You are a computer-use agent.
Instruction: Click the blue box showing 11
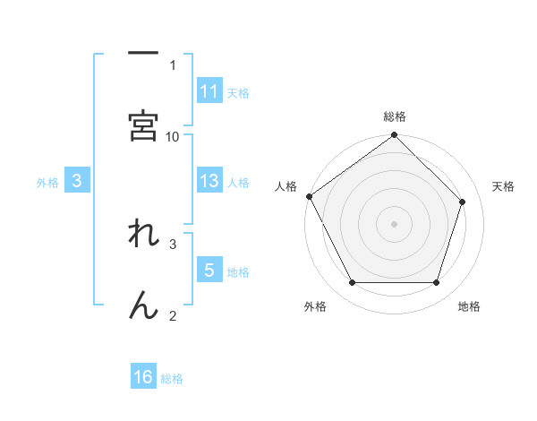pyautogui.click(x=209, y=90)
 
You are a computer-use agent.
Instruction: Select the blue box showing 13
pyautogui.click(x=209, y=181)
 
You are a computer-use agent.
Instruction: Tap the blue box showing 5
pyautogui.click(x=209, y=271)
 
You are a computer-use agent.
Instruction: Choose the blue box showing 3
pyautogui.click(x=77, y=181)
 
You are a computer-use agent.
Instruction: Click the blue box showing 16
pyautogui.click(x=143, y=377)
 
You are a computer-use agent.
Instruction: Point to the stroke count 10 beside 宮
pyautogui.click(x=173, y=136)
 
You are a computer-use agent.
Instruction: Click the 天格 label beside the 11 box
pyautogui.click(x=238, y=92)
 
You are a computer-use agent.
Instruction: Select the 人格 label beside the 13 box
pyautogui.click(x=238, y=182)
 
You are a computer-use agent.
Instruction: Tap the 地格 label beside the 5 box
pyautogui.click(x=238, y=272)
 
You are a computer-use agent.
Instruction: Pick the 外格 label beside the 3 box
pyautogui.click(x=47, y=182)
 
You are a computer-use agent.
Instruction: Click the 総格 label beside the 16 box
pyautogui.click(x=172, y=379)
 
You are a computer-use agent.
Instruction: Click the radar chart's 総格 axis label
pyautogui.click(x=395, y=116)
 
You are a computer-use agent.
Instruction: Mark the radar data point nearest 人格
pyautogui.click(x=309, y=196)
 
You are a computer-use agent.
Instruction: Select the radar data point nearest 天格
pyautogui.click(x=463, y=202)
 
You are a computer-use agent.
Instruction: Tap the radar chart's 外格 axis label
pyautogui.click(x=315, y=306)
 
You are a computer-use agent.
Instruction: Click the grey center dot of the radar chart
pyautogui.click(x=395, y=223)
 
